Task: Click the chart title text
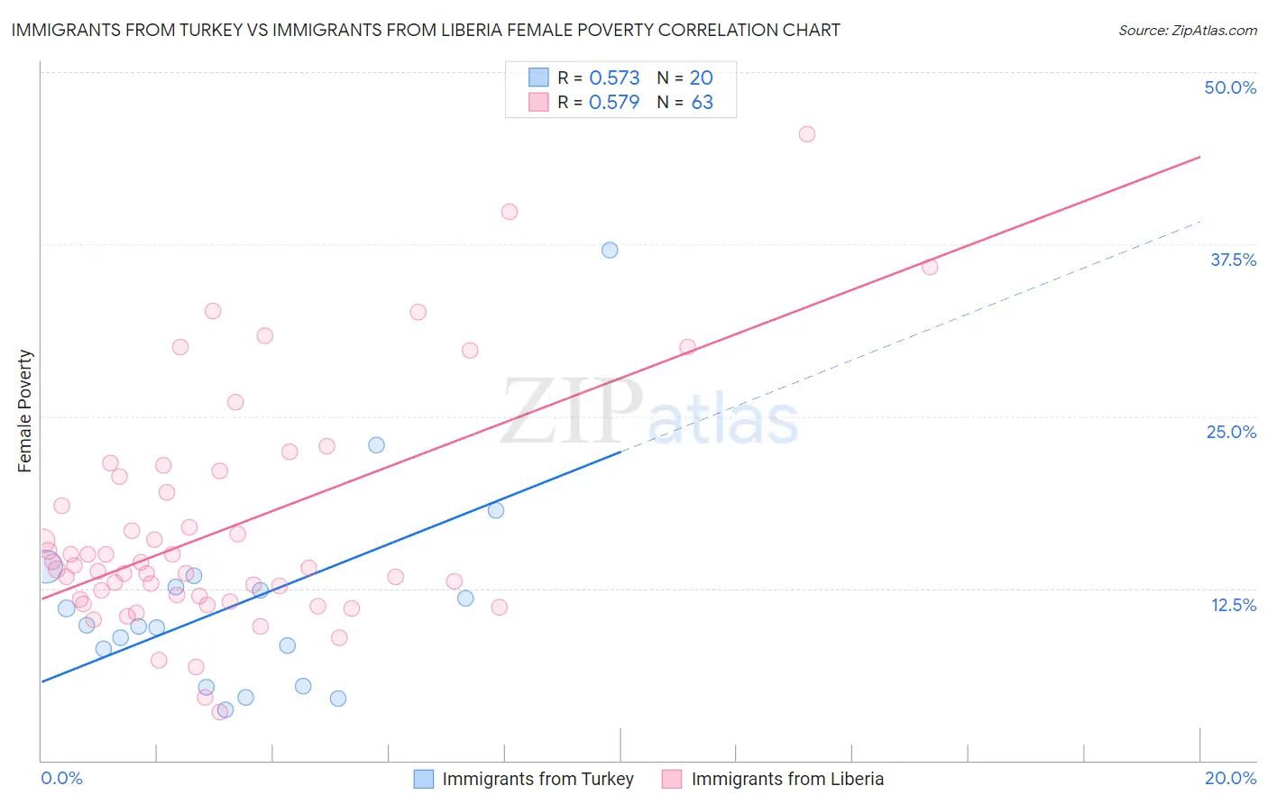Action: coord(426,30)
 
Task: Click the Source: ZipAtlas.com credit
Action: coord(1187,30)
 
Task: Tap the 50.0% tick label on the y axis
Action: coord(1230,87)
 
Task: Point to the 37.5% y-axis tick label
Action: coord(1233,260)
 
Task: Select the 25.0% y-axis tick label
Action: coord(1231,432)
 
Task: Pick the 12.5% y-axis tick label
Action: coord(1233,605)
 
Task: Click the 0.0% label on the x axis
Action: coord(61,778)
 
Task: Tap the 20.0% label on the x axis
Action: coord(1230,778)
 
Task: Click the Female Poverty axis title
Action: coord(25,411)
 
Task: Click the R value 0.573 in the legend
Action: coord(614,78)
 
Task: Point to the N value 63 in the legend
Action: coord(702,103)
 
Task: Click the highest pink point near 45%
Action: coord(807,134)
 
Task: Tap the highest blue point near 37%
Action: coord(610,250)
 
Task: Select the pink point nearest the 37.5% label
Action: coord(930,267)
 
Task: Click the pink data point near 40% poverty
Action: coord(510,212)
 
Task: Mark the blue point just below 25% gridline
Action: coord(376,445)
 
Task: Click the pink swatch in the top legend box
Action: coord(538,102)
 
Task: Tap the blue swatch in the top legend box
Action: coord(538,78)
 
